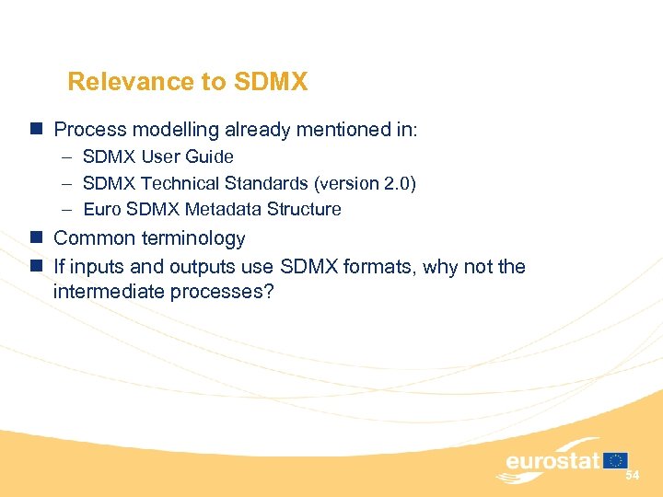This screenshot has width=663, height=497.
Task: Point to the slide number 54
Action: tap(632, 476)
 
